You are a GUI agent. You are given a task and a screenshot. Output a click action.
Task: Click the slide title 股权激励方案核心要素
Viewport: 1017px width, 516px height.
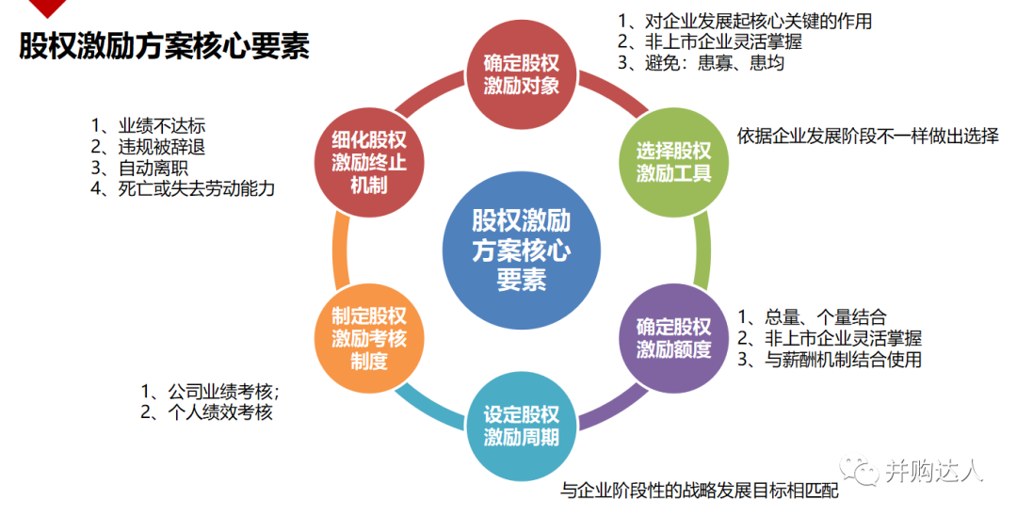click(164, 46)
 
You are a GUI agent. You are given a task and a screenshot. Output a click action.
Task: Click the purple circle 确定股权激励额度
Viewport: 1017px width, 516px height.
click(672, 338)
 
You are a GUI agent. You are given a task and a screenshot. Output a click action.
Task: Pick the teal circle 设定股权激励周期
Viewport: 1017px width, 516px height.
click(521, 425)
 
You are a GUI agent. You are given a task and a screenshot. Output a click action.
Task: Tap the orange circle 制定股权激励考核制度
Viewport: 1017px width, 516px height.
click(369, 338)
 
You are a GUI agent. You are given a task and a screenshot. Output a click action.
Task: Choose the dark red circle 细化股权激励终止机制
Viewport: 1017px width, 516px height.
click(369, 161)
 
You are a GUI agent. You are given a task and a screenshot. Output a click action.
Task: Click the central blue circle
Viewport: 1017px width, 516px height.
click(521, 249)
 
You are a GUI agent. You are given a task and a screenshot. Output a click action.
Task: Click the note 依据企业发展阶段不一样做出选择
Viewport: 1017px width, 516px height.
click(867, 135)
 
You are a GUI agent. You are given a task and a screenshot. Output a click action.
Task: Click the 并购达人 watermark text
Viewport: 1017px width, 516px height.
click(933, 470)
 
